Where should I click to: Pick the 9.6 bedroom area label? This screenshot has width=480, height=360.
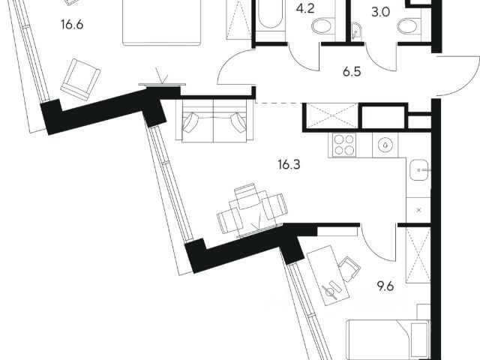[x=385, y=285]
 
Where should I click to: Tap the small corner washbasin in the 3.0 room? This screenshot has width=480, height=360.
[x=358, y=31]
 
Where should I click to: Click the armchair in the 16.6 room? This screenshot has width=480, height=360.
[x=79, y=77]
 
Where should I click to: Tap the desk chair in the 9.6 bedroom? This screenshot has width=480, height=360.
[x=346, y=268]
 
